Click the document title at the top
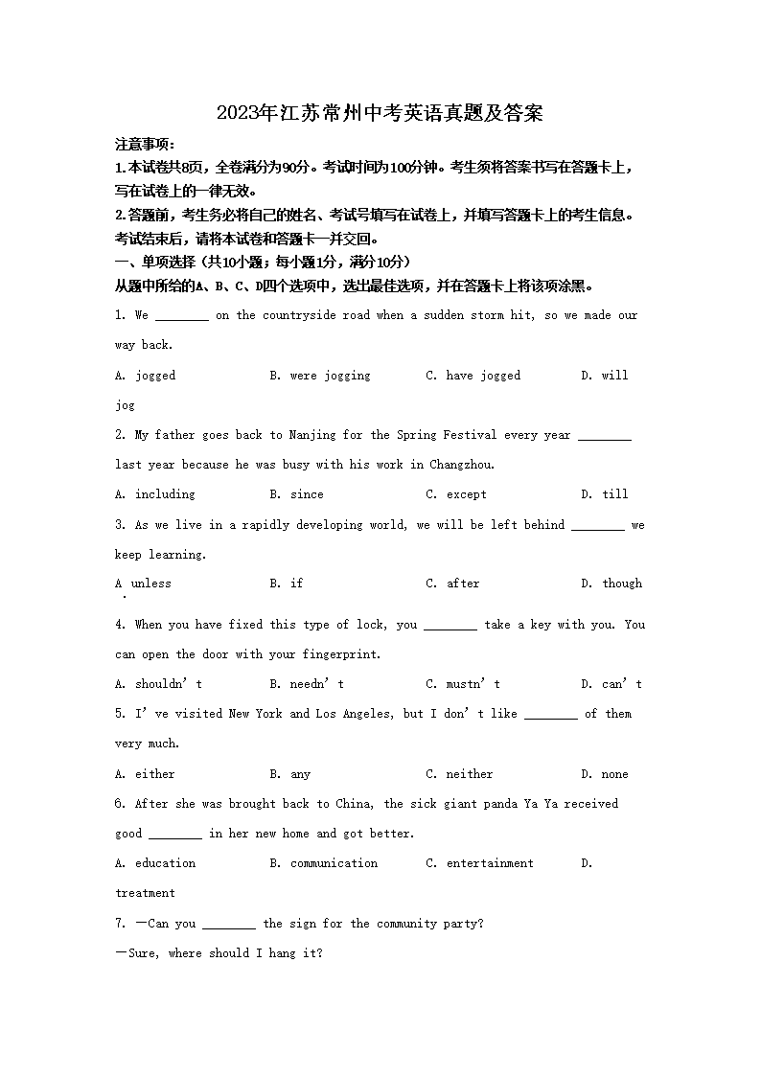click(380, 113)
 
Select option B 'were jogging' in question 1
click(320, 376)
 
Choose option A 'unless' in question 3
click(143, 584)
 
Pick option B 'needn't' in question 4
click(307, 684)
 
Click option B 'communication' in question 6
click(324, 863)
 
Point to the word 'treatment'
click(145, 893)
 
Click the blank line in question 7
click(229, 925)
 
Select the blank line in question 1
click(181, 316)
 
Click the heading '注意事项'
click(144, 145)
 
